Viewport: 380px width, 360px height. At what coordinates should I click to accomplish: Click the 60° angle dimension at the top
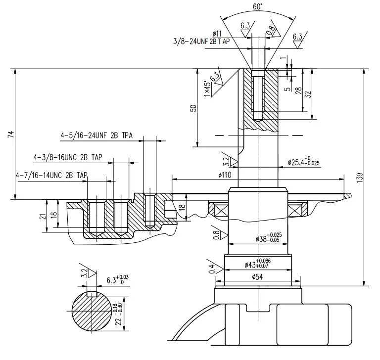(258, 6)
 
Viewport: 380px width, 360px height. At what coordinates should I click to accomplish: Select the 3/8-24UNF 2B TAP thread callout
(201, 42)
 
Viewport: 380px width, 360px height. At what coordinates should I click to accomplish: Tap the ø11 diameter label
(217, 34)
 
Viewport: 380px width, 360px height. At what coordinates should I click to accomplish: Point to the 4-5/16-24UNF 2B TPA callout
(96, 135)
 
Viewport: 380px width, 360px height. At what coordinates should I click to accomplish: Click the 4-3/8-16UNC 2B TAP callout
(68, 157)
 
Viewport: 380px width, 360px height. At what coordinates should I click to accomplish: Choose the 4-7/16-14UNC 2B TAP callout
(51, 175)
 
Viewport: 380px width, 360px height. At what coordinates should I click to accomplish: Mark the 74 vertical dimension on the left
(11, 135)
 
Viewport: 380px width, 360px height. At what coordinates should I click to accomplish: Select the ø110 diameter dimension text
(225, 175)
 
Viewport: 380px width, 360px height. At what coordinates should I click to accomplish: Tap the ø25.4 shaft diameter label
(303, 162)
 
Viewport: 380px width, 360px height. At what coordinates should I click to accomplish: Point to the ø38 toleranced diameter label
(269, 237)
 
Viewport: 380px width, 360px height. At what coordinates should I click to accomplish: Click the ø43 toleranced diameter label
(258, 264)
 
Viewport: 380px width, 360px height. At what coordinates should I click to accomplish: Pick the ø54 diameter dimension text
(257, 276)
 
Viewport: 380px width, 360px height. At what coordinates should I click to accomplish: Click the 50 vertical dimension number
(193, 108)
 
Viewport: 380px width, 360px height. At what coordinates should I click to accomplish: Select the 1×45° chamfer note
(207, 89)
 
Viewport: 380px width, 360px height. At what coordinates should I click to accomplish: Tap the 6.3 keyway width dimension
(118, 280)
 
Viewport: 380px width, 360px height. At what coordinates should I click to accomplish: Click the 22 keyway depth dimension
(119, 314)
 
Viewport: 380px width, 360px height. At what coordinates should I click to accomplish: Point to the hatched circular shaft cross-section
(92, 311)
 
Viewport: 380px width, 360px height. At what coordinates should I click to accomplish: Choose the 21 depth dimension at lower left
(42, 216)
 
